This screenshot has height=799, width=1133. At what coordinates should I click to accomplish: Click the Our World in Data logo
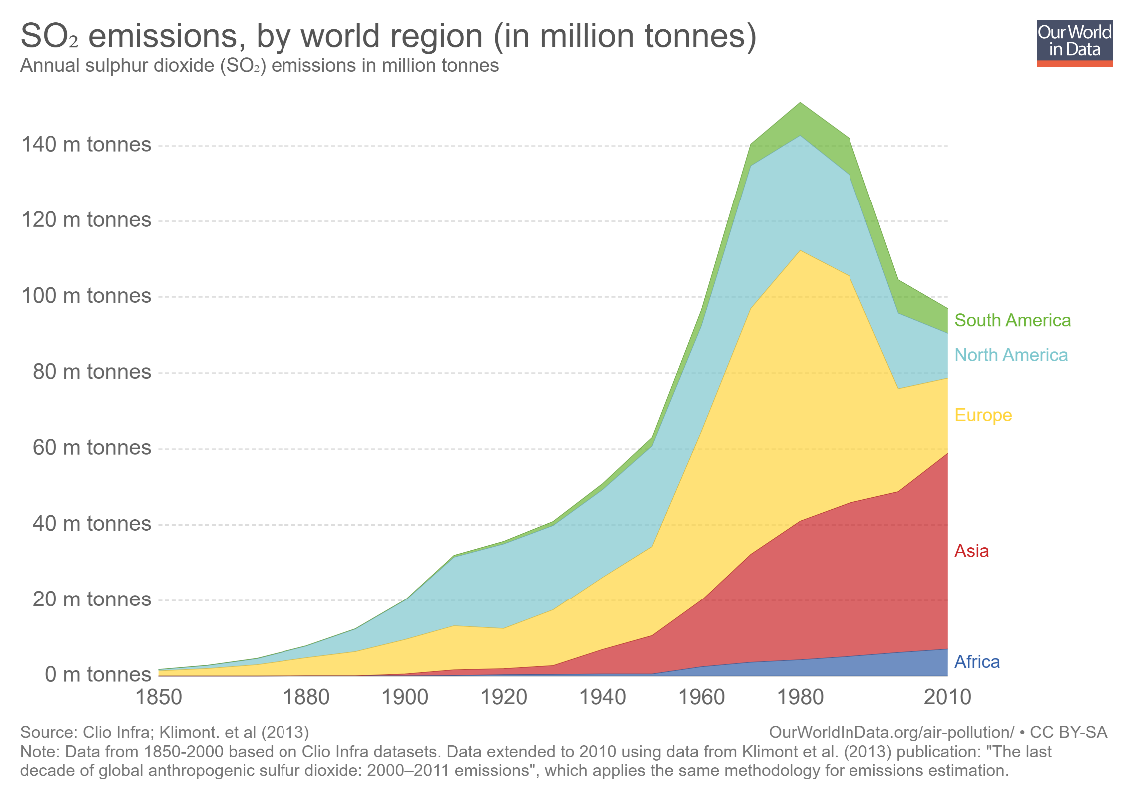(x=1074, y=43)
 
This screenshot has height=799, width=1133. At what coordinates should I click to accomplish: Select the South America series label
(x=1012, y=320)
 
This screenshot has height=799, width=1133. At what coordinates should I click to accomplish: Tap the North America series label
(x=1011, y=355)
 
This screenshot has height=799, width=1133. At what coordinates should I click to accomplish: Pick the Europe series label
(x=983, y=415)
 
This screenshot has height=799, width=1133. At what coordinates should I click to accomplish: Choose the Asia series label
(x=971, y=551)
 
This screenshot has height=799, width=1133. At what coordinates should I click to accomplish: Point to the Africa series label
(x=977, y=662)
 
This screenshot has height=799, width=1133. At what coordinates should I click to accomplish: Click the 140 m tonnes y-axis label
(x=86, y=145)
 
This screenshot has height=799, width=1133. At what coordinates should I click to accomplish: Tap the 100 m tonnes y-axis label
(x=86, y=296)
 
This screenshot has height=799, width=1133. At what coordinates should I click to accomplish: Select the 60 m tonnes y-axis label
(x=92, y=448)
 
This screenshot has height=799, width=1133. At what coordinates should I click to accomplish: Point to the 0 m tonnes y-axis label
(x=98, y=675)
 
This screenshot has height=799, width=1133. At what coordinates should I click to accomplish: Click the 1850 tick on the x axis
(x=159, y=697)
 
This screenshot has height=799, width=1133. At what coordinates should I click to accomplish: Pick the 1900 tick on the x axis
(x=405, y=697)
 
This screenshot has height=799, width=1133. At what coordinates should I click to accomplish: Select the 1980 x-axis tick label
(x=800, y=697)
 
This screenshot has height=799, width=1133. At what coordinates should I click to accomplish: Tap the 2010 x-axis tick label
(x=948, y=697)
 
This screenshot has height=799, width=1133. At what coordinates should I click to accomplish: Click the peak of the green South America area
(x=800, y=103)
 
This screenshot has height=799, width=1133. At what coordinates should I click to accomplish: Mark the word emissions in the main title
(x=165, y=36)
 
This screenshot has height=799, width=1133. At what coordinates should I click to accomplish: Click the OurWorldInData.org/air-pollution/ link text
(x=891, y=732)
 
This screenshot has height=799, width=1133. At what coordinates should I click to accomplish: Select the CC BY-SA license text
(x=1068, y=732)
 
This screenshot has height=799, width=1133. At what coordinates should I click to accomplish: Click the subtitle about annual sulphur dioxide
(x=260, y=66)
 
